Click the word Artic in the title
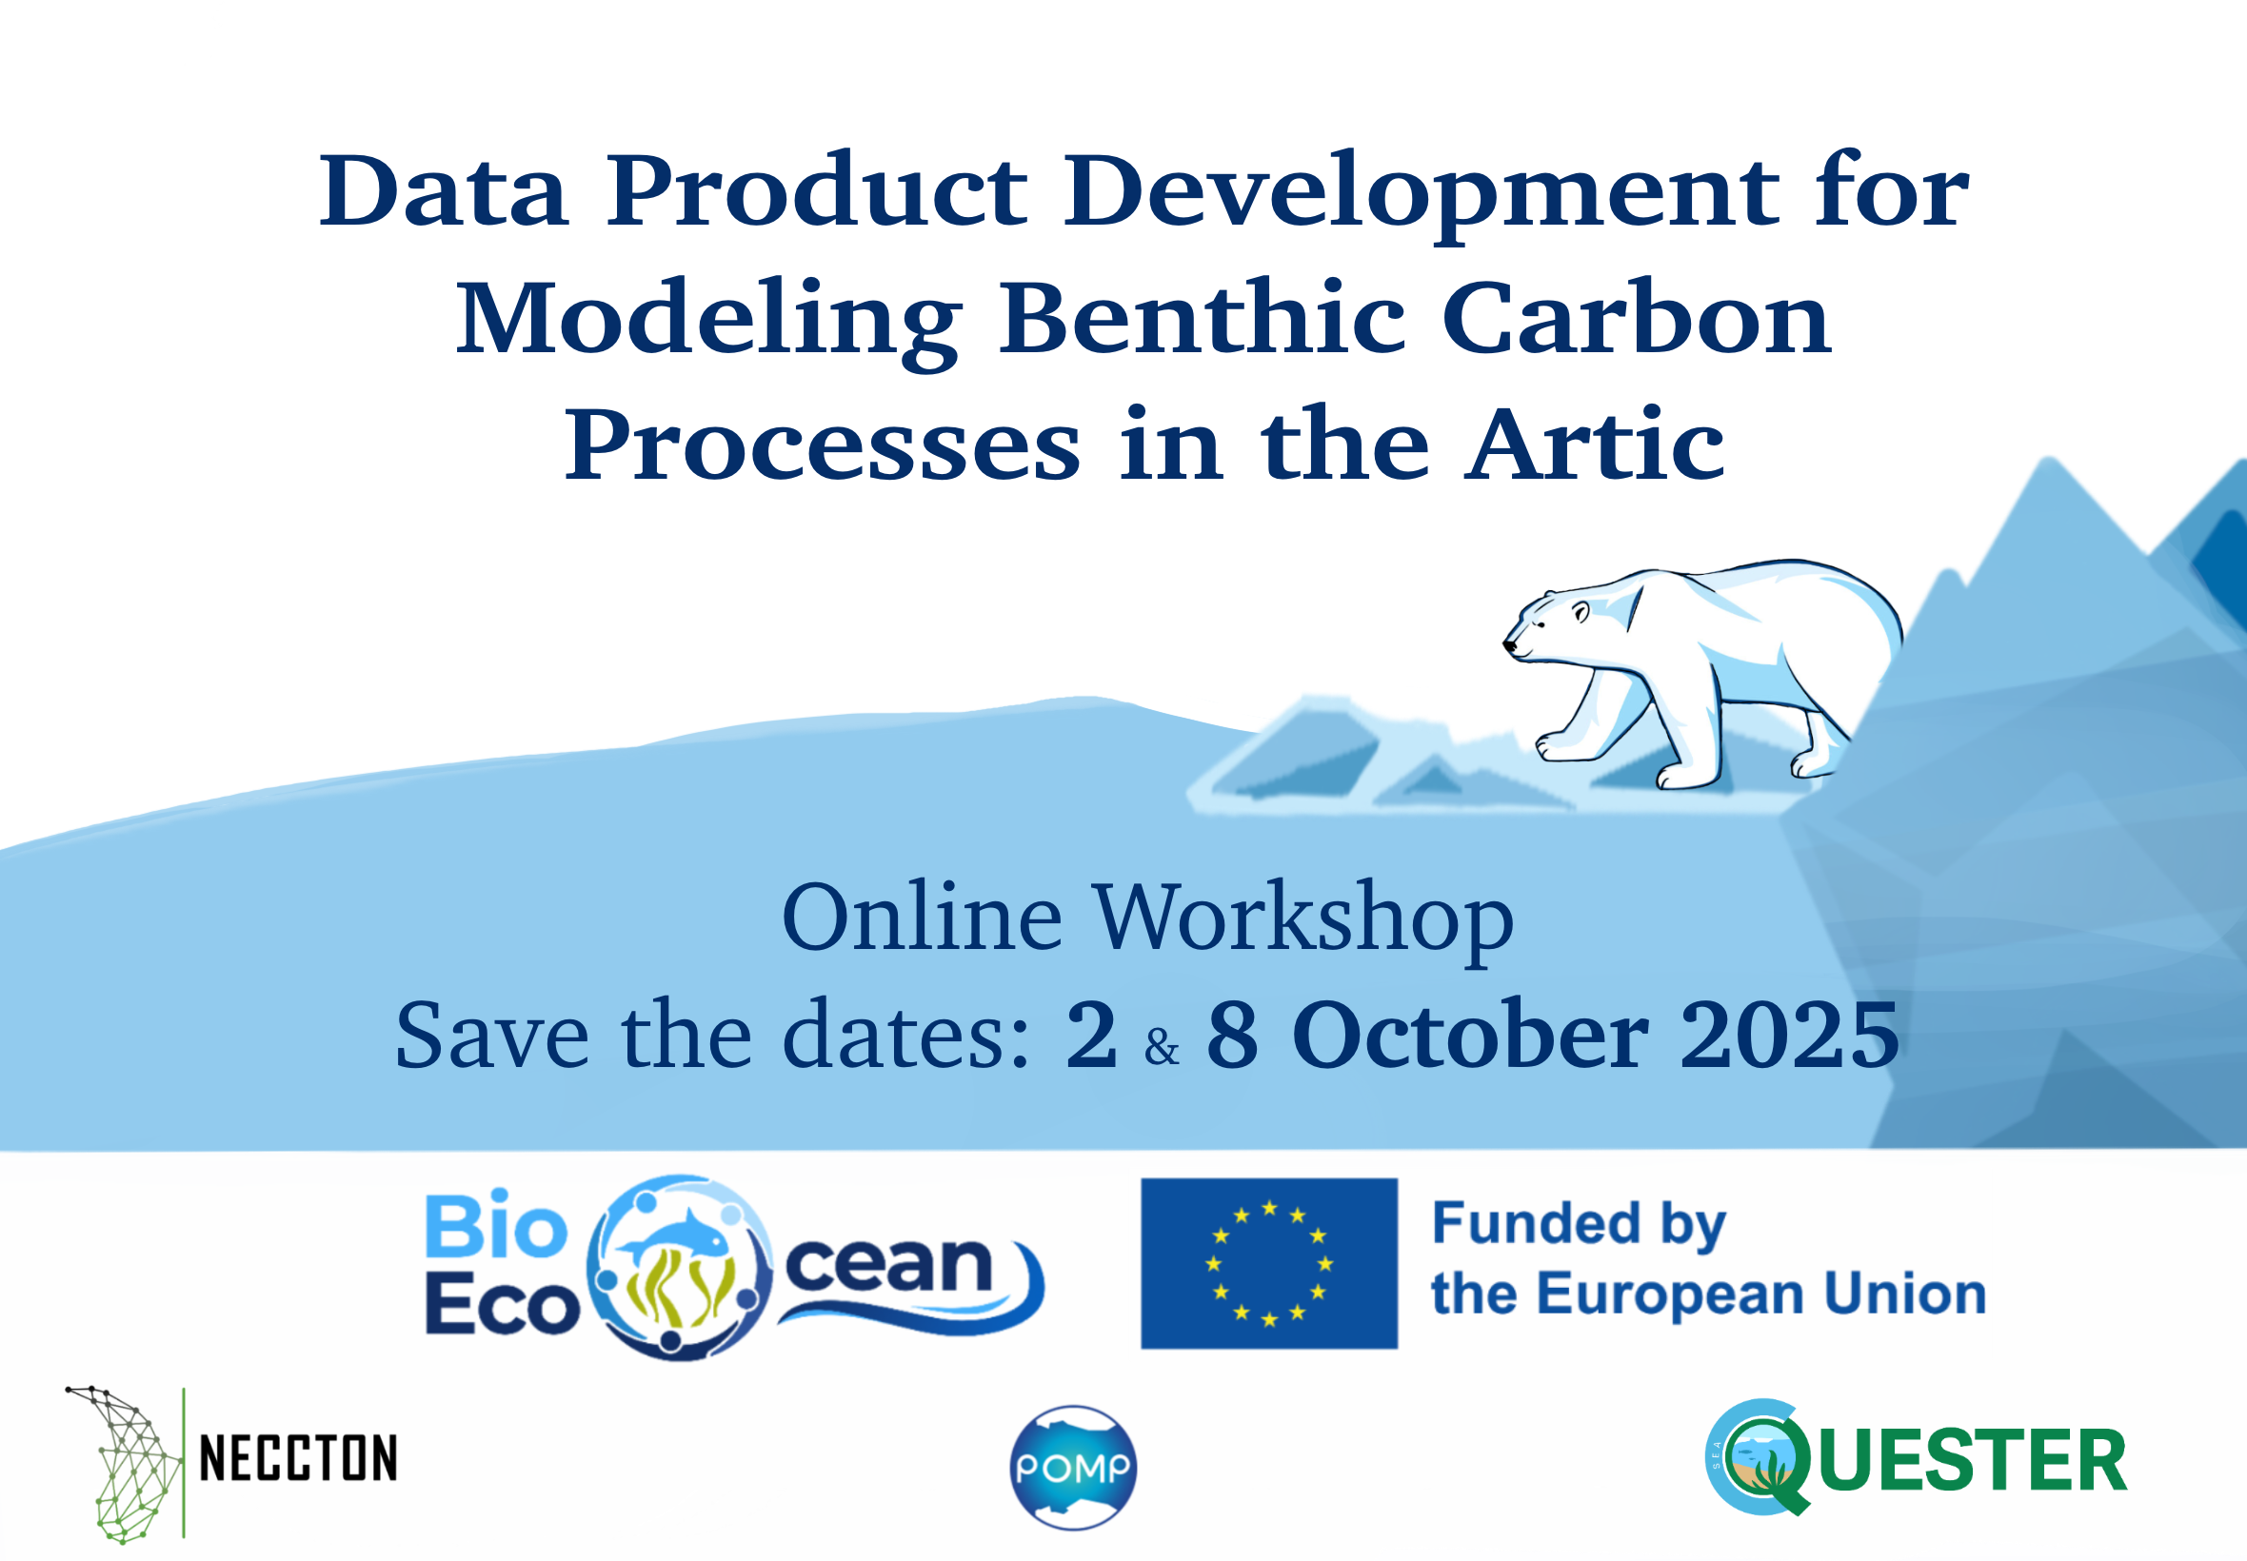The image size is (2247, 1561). click(x=1594, y=445)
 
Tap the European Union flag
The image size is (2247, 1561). click(x=1269, y=1264)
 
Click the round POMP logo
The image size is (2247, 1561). click(x=1073, y=1467)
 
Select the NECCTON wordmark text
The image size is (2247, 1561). click(x=298, y=1459)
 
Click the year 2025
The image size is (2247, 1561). click(x=1789, y=1035)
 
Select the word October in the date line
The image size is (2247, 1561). click(x=1470, y=1035)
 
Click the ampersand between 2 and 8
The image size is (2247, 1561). click(x=1162, y=1048)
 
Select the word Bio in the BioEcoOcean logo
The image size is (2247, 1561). click(x=496, y=1227)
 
